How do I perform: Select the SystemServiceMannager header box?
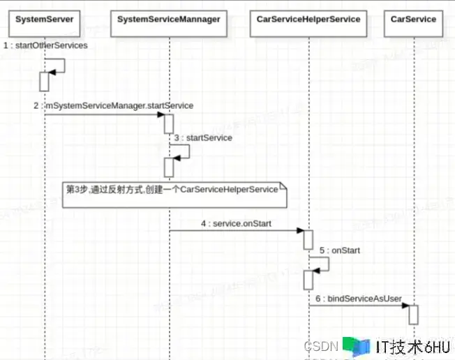click(169, 20)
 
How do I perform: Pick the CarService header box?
click(414, 20)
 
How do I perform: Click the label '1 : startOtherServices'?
click(45, 45)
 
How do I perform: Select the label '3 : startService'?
click(203, 138)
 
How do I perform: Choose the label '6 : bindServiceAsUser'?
click(359, 299)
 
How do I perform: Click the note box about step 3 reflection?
click(175, 193)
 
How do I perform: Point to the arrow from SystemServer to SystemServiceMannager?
click(105, 115)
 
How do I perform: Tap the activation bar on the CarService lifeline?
click(414, 315)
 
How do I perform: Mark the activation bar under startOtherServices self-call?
click(44, 82)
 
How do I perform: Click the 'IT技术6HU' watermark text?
click(412, 347)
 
